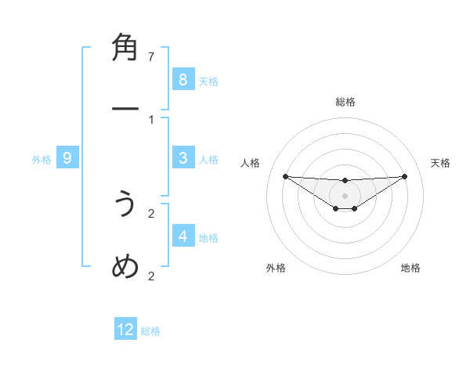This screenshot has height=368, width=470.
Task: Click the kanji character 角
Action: [125, 49]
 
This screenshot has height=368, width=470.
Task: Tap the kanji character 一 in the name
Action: [125, 111]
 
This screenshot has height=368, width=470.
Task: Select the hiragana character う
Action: [125, 205]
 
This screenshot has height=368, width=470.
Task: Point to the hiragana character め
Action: [125, 267]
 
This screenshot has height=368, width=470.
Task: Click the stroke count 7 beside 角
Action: [152, 57]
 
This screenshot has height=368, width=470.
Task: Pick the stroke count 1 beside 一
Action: [152, 120]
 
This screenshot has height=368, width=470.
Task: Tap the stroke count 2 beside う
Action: [152, 213]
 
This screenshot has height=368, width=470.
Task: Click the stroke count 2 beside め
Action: [152, 276]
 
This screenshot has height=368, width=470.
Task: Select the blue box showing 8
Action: [183, 79]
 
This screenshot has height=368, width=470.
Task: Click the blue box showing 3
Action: [183, 158]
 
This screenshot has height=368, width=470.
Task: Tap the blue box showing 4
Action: [183, 236]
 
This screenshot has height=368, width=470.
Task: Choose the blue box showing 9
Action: [67, 158]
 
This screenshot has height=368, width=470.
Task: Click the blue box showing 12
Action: [125, 330]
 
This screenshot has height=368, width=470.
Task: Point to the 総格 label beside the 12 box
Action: [150, 331]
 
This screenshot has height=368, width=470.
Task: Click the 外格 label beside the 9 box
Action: [42, 160]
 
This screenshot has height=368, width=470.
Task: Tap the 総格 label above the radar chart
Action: [345, 102]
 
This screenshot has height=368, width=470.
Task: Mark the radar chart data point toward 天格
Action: [405, 175]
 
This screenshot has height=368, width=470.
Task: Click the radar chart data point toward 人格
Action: [285, 175]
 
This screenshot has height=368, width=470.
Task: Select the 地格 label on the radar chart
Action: [410, 268]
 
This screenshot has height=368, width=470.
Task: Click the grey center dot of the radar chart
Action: [345, 195]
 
